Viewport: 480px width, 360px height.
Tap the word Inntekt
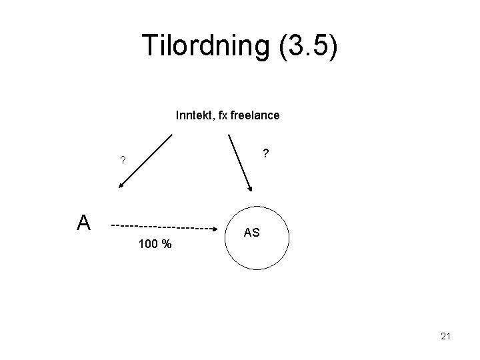click(x=191, y=115)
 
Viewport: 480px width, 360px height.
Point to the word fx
click(x=219, y=115)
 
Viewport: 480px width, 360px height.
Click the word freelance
click(x=254, y=115)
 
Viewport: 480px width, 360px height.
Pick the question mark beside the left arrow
click(x=121, y=160)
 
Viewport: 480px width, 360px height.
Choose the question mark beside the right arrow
click(x=265, y=154)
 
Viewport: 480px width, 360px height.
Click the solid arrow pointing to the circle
click(x=239, y=163)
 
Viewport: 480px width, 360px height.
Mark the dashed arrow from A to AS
click(x=167, y=226)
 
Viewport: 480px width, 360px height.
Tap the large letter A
click(x=83, y=223)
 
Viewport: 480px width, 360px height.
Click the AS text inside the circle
click(x=252, y=233)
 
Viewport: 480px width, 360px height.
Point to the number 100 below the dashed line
click(x=148, y=245)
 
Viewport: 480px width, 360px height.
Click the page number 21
click(x=446, y=337)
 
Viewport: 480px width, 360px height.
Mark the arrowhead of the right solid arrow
click(x=249, y=188)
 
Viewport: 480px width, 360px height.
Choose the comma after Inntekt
click(x=210, y=119)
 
